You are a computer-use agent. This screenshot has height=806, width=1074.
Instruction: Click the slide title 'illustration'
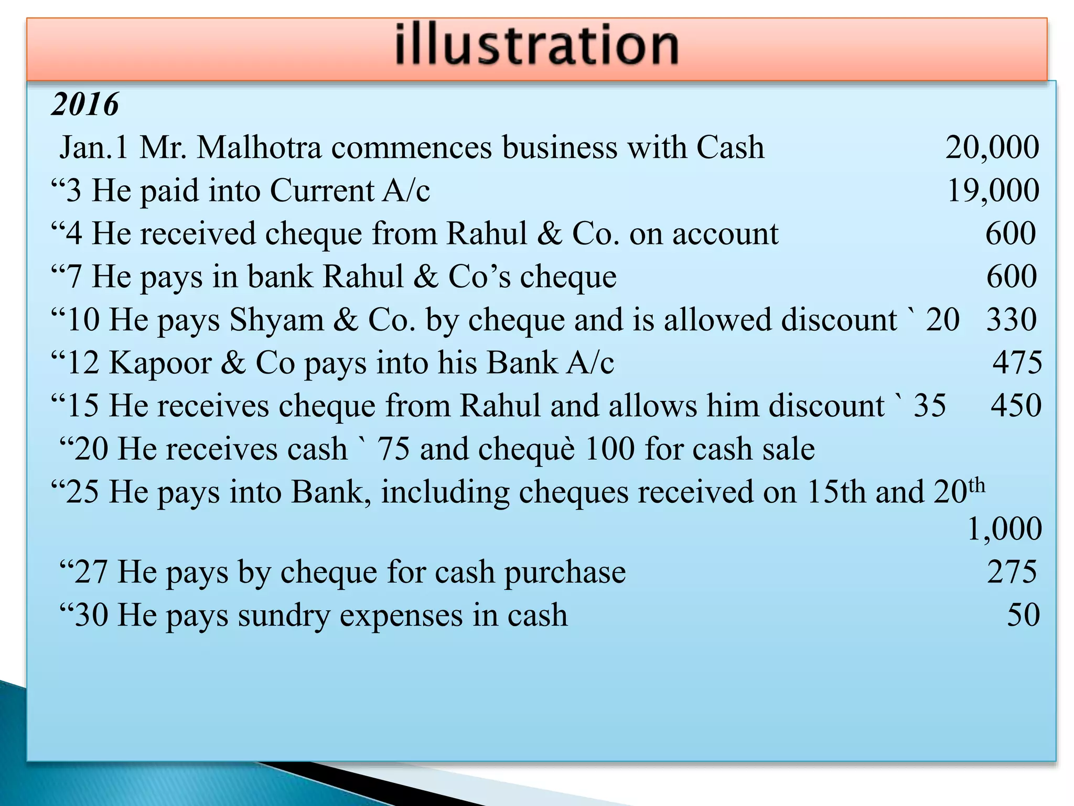pyautogui.click(x=536, y=46)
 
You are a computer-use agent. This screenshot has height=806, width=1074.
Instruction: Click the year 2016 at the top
pyautogui.click(x=85, y=104)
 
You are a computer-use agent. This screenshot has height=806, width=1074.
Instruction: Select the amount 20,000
pyautogui.click(x=992, y=147)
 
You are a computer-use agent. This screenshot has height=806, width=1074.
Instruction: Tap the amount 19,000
pyautogui.click(x=993, y=190)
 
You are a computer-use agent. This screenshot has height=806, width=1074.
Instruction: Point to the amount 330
pyautogui.click(x=1012, y=320)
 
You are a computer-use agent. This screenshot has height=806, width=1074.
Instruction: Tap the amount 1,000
pyautogui.click(x=1004, y=529)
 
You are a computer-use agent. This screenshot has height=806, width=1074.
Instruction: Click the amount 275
pyautogui.click(x=1012, y=572)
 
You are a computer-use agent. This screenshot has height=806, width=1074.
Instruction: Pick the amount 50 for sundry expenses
pyautogui.click(x=1023, y=615)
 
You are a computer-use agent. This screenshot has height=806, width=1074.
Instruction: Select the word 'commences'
pyautogui.click(x=412, y=147)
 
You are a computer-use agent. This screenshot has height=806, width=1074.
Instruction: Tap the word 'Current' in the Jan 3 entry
pyautogui.click(x=321, y=190)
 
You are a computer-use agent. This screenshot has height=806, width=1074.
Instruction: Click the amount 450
pyautogui.click(x=1016, y=406)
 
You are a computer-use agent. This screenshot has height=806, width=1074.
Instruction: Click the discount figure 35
pyautogui.click(x=930, y=406)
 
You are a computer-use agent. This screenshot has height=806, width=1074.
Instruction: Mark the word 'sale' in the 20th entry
pyautogui.click(x=789, y=449)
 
